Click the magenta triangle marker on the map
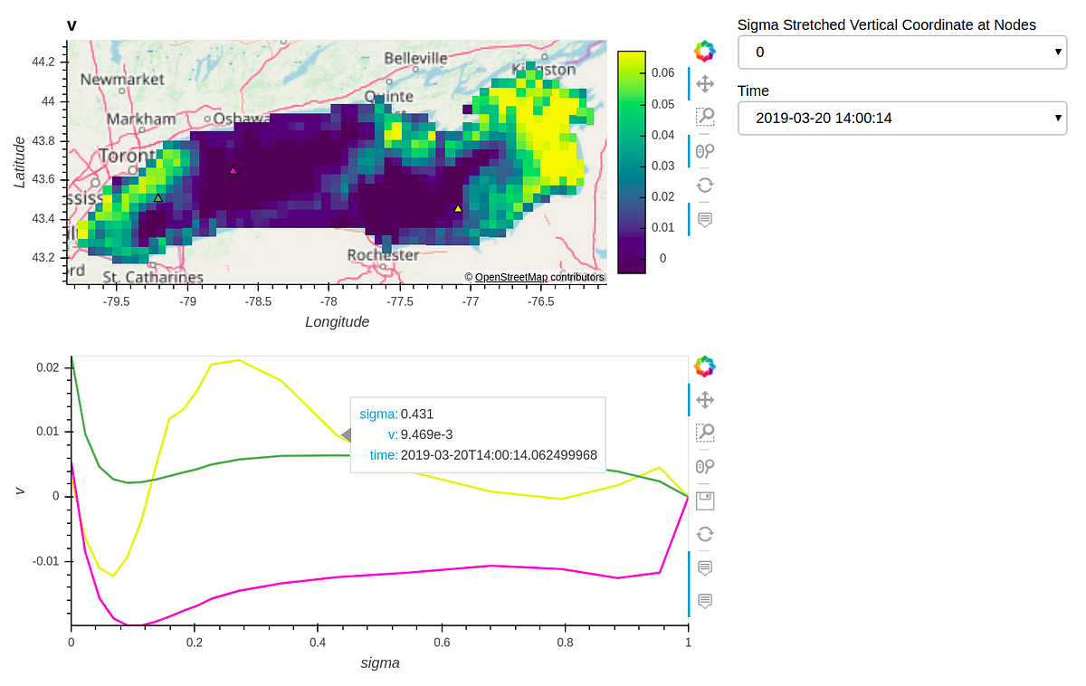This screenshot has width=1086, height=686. coord(233,170)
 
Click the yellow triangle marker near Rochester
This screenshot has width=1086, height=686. coord(458,209)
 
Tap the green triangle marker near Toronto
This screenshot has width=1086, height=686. coord(157,198)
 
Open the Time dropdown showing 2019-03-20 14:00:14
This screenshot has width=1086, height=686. coord(901,118)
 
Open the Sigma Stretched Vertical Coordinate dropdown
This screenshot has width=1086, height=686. coord(901,52)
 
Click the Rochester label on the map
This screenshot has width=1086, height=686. coord(383,255)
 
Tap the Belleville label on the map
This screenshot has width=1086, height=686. coord(415,58)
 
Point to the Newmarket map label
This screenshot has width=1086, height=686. coord(122,80)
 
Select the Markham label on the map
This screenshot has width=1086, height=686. coord(141,119)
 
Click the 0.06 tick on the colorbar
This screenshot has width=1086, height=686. coord(664,72)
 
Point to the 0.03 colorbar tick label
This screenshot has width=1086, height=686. coord(664,166)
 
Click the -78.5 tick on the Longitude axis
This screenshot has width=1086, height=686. coord(259,301)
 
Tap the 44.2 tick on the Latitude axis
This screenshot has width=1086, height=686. coord(42,62)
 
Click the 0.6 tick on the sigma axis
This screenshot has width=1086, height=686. coord(442,643)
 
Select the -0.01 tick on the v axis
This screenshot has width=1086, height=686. coord(44,561)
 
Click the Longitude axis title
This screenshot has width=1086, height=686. coord(337,322)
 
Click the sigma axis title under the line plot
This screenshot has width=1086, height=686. coord(379,663)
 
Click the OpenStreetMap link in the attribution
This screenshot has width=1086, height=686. coord(511,277)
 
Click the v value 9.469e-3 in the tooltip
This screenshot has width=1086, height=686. coord(427,434)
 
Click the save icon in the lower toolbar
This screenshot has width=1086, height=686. coord(705,501)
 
